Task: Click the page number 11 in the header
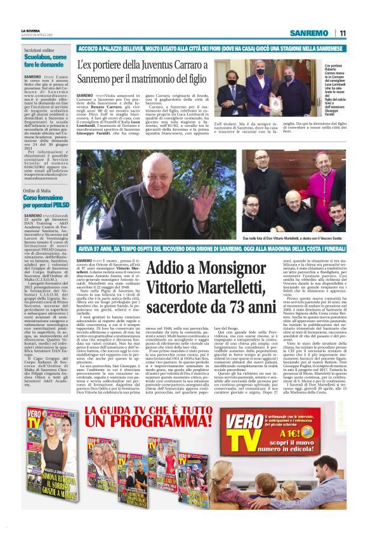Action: (342, 33)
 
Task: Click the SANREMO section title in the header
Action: (308, 33)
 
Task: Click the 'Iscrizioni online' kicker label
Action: (39, 49)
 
